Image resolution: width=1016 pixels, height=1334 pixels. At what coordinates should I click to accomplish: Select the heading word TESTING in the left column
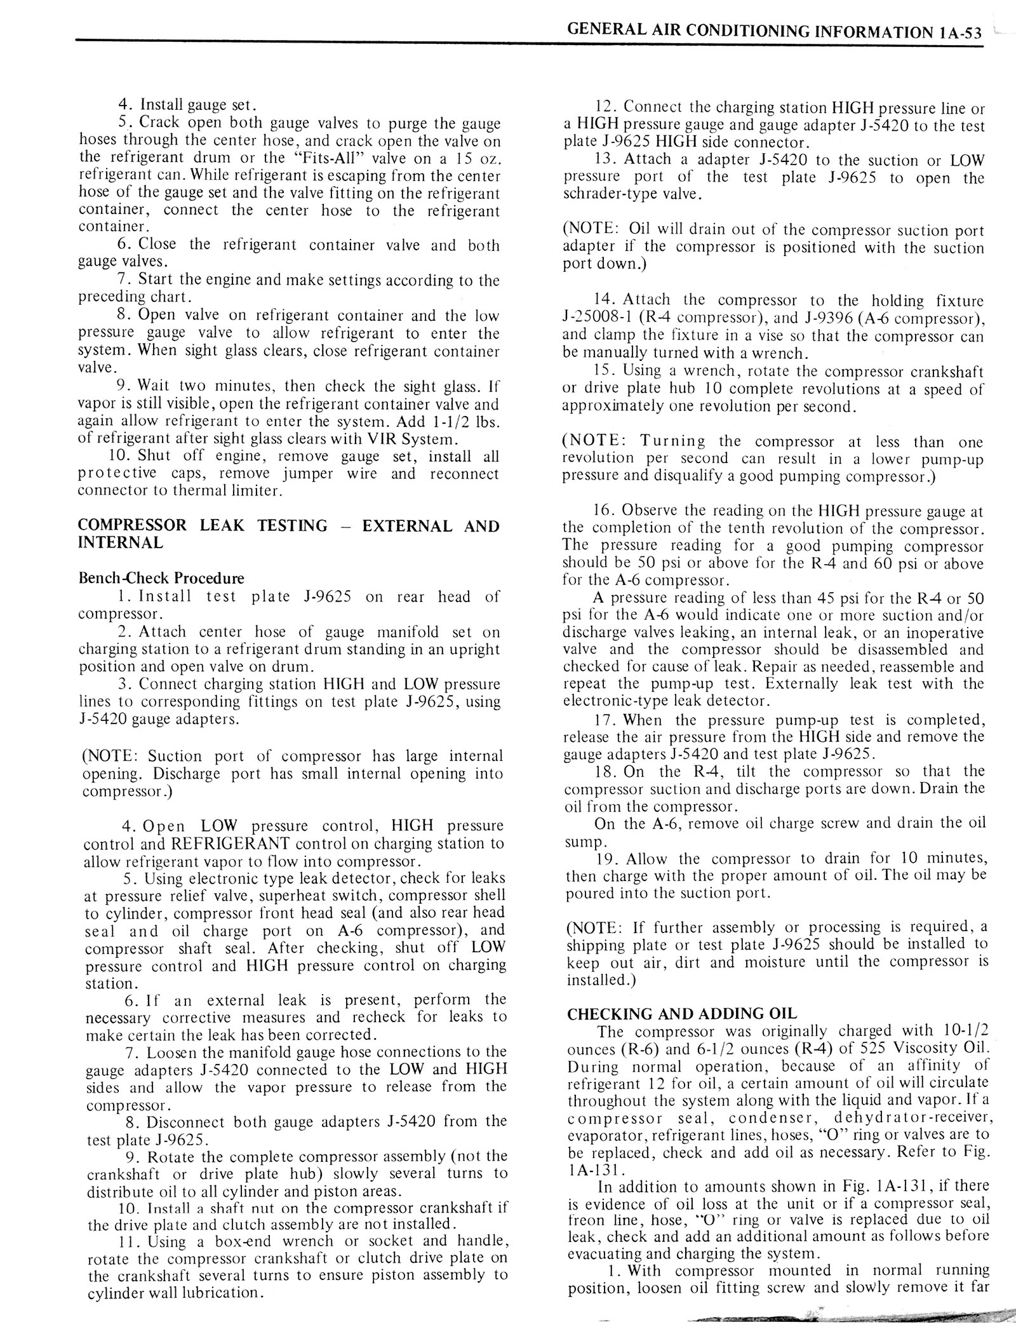[x=293, y=525]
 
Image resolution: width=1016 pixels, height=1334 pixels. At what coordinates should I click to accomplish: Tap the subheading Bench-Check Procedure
[x=161, y=578]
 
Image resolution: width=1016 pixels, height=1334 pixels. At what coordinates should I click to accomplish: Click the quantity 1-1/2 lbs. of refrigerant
[x=468, y=422]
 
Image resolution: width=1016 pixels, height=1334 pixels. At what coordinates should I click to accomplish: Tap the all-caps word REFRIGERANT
[x=231, y=844]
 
